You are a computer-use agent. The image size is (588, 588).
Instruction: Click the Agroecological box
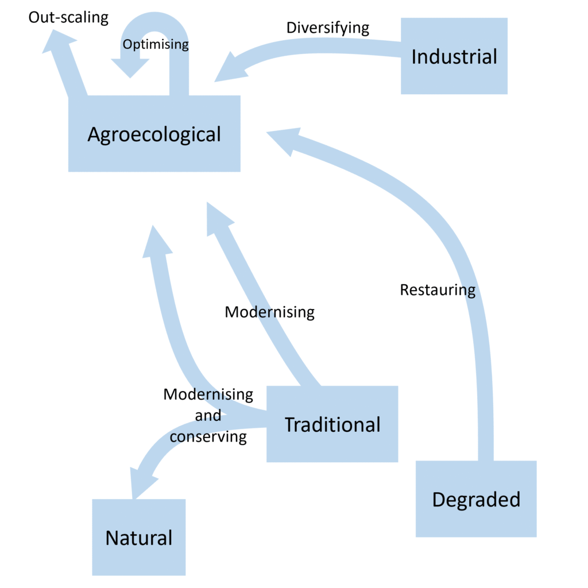point(154,134)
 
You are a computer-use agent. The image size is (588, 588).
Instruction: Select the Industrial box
point(454,56)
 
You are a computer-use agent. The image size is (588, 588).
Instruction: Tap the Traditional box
point(332,424)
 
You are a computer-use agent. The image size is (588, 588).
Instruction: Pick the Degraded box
point(475,499)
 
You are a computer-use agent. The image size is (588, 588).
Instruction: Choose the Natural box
point(138,537)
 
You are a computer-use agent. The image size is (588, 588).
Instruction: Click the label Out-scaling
point(68,18)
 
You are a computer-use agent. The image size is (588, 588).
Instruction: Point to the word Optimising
point(156,44)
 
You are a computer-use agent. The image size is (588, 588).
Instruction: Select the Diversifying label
point(327,28)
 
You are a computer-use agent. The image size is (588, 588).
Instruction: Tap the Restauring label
point(438,290)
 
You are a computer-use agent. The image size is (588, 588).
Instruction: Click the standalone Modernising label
point(269,312)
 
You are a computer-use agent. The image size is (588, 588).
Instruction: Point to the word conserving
point(208,437)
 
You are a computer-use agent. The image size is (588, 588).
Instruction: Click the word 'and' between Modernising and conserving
point(208,416)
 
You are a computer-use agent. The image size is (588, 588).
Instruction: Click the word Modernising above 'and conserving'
point(208,394)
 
